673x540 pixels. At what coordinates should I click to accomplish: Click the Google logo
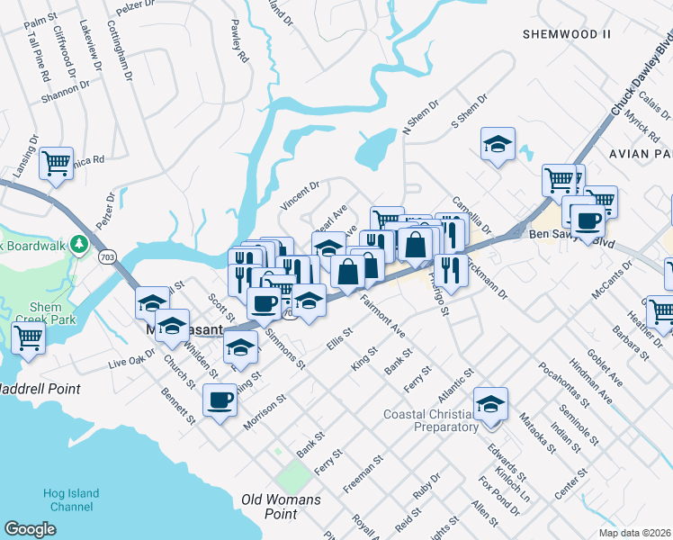coord(30,529)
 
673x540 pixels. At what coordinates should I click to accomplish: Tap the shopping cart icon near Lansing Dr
coord(57,163)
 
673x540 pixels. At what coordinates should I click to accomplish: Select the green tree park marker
coord(80,244)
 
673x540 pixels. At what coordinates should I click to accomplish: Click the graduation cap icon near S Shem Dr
coord(495,143)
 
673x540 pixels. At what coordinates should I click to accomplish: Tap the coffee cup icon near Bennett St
coord(220,399)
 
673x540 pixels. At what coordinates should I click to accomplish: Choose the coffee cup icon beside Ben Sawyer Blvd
coord(588,220)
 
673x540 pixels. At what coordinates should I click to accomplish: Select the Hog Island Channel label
coord(71,499)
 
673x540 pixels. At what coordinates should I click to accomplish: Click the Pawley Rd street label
coord(239,41)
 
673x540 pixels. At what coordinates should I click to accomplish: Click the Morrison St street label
coord(264,410)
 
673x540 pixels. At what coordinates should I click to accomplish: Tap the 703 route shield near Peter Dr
coord(107,256)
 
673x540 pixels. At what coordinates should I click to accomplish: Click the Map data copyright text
coord(635,533)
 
